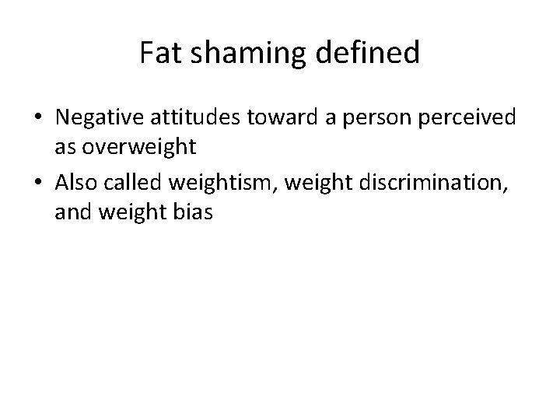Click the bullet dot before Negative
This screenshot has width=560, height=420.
click(x=38, y=118)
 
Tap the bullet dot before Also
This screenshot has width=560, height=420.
click(x=38, y=182)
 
